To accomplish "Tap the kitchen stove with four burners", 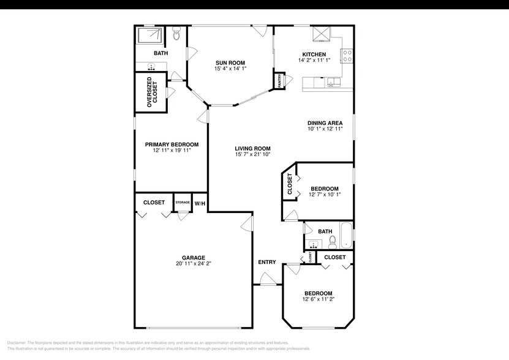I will (347, 56).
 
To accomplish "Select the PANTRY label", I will (279, 81).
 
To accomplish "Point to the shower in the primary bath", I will (150, 36).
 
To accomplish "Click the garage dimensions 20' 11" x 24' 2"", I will (193, 264).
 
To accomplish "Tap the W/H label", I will (200, 203).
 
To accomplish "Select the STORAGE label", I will (183, 202).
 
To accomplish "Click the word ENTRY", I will (266, 262).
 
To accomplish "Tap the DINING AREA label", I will (325, 123).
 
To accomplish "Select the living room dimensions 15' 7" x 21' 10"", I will (253, 155).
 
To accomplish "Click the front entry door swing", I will (267, 279).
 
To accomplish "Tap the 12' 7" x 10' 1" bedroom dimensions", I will (325, 195).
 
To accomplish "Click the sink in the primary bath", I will (150, 67).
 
